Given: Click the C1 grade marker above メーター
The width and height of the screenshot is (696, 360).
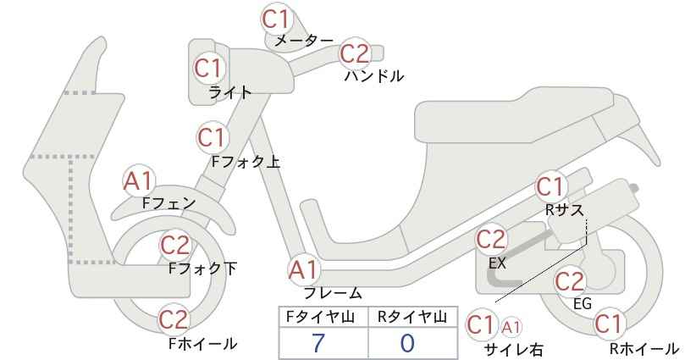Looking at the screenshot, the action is (x=276, y=19).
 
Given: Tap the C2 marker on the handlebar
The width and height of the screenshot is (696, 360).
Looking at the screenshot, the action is (x=355, y=53).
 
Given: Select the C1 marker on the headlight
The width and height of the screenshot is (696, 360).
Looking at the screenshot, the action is (x=208, y=68).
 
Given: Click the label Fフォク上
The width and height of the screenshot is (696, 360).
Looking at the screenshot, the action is (x=246, y=162).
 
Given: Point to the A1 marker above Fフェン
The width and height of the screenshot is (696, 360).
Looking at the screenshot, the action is (x=139, y=181).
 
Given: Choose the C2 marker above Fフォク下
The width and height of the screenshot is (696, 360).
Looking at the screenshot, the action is (x=175, y=246).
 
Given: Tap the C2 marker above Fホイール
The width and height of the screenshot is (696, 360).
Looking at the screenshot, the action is (x=174, y=319).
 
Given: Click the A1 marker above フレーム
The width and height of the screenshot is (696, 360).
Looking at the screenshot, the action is (x=304, y=270).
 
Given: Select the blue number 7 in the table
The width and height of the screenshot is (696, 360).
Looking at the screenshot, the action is (x=318, y=343).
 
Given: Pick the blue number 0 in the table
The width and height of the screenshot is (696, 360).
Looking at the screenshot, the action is (x=407, y=343).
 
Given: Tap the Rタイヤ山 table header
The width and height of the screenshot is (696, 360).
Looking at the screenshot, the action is (x=412, y=317).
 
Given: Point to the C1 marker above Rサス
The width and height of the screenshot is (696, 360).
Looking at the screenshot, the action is (x=550, y=188).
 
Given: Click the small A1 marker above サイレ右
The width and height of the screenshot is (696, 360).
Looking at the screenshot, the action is (x=511, y=328).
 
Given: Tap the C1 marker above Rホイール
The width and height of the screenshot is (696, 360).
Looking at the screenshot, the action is (x=609, y=324).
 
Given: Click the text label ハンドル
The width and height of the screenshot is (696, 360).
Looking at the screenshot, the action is (x=374, y=76).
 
